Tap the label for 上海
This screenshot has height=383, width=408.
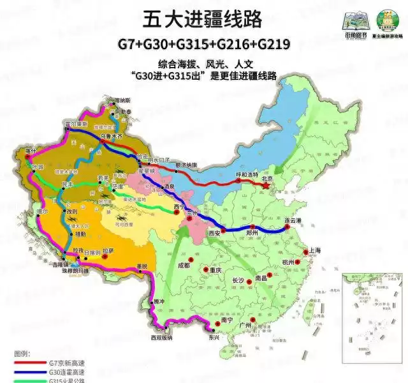[x=314, y=250]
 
